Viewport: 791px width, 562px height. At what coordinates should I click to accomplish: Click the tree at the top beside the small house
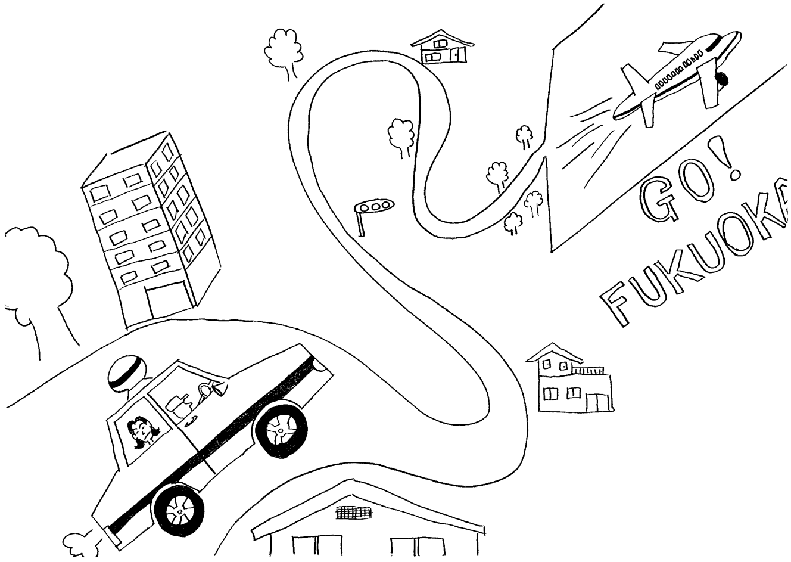coord(285,51)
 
